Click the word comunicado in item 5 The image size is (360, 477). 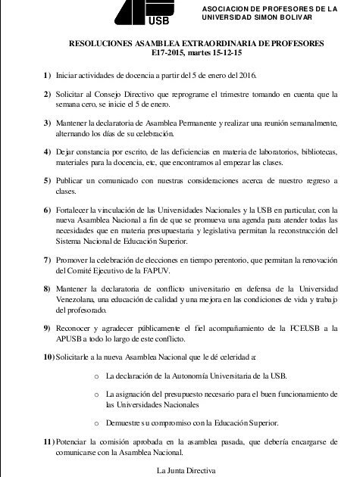pos(129,182)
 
